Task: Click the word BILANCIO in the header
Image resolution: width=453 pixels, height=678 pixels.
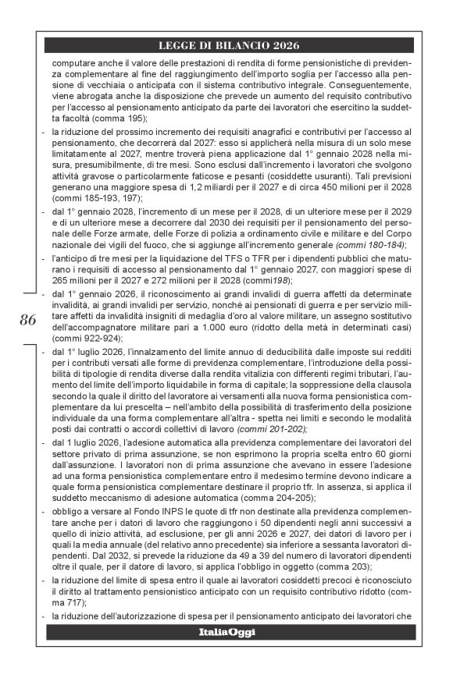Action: click(244, 45)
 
